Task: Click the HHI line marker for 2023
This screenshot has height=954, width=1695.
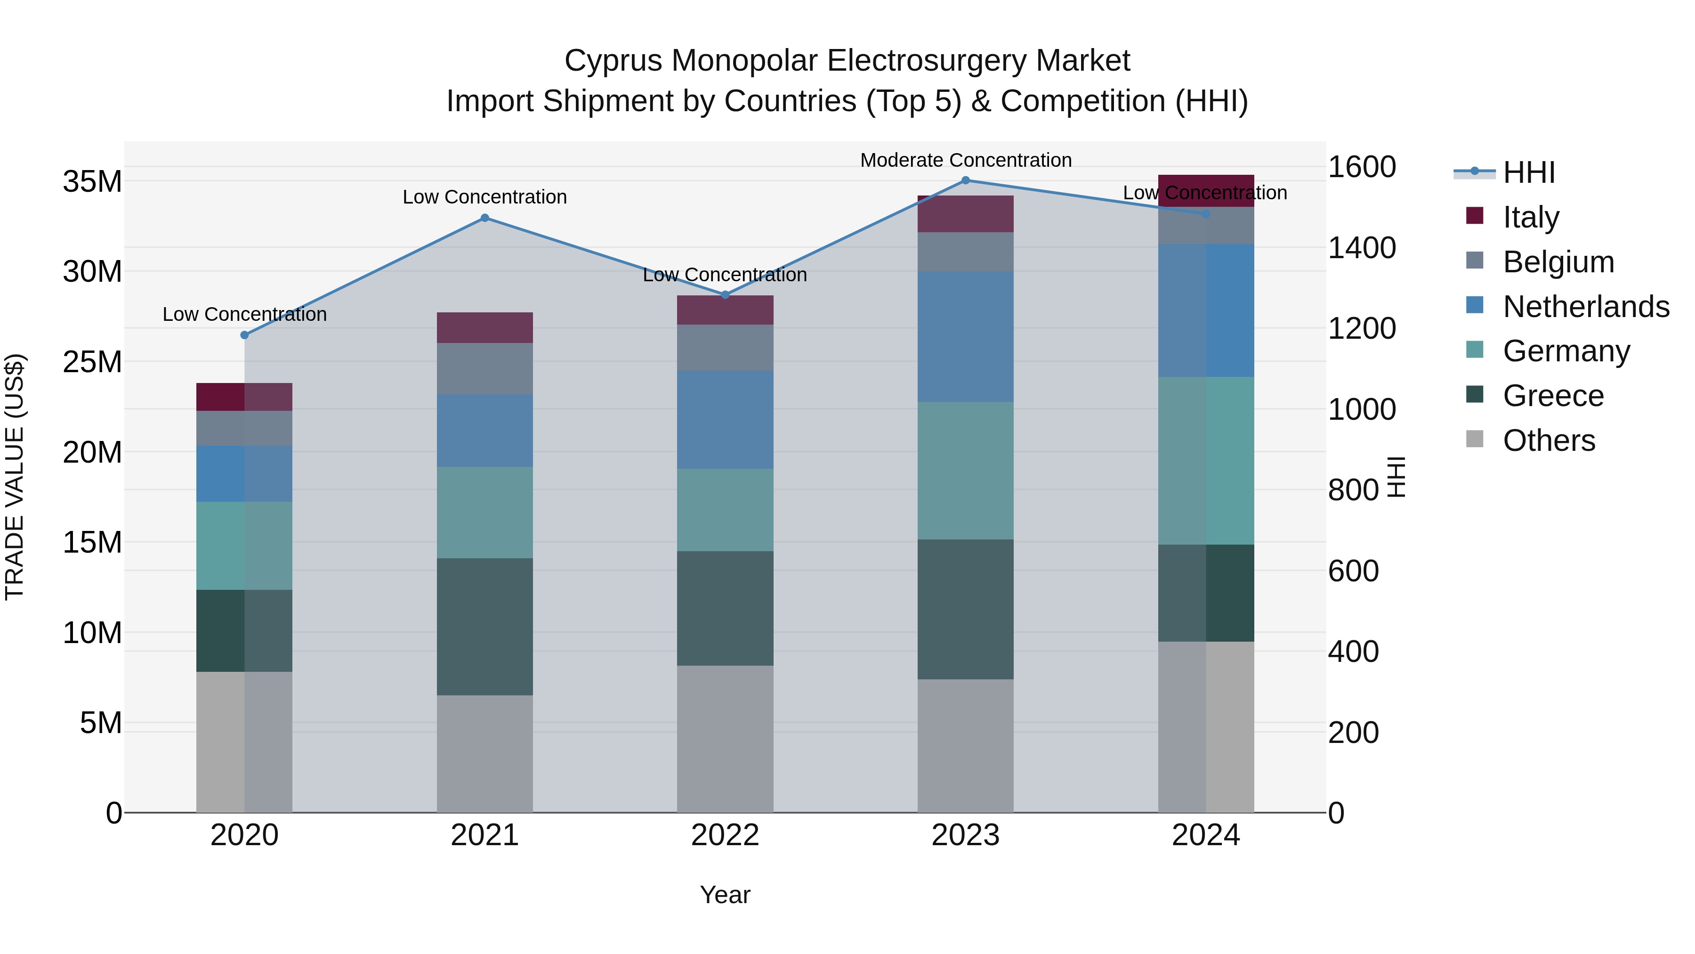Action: pos(965,180)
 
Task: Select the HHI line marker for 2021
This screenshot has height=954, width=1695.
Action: pos(484,218)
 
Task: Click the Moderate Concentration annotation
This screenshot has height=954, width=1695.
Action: pos(965,160)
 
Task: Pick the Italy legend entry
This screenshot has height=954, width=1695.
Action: pos(1531,217)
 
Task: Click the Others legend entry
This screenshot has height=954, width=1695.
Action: pos(1548,440)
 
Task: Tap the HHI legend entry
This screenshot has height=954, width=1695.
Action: pos(1528,172)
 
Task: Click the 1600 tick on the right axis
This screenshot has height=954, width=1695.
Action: pos(1361,167)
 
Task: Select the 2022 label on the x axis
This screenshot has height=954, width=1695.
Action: pos(725,835)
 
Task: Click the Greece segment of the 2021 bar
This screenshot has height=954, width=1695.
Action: pos(484,626)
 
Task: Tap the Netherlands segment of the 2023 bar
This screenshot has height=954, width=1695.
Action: pos(965,336)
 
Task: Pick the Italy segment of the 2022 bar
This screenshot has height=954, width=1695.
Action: pos(725,310)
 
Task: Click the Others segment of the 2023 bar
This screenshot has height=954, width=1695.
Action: pos(965,745)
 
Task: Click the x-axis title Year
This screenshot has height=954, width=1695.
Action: pos(725,895)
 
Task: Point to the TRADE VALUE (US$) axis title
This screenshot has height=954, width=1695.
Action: pos(15,477)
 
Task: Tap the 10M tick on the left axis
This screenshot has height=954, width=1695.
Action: pos(92,633)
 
